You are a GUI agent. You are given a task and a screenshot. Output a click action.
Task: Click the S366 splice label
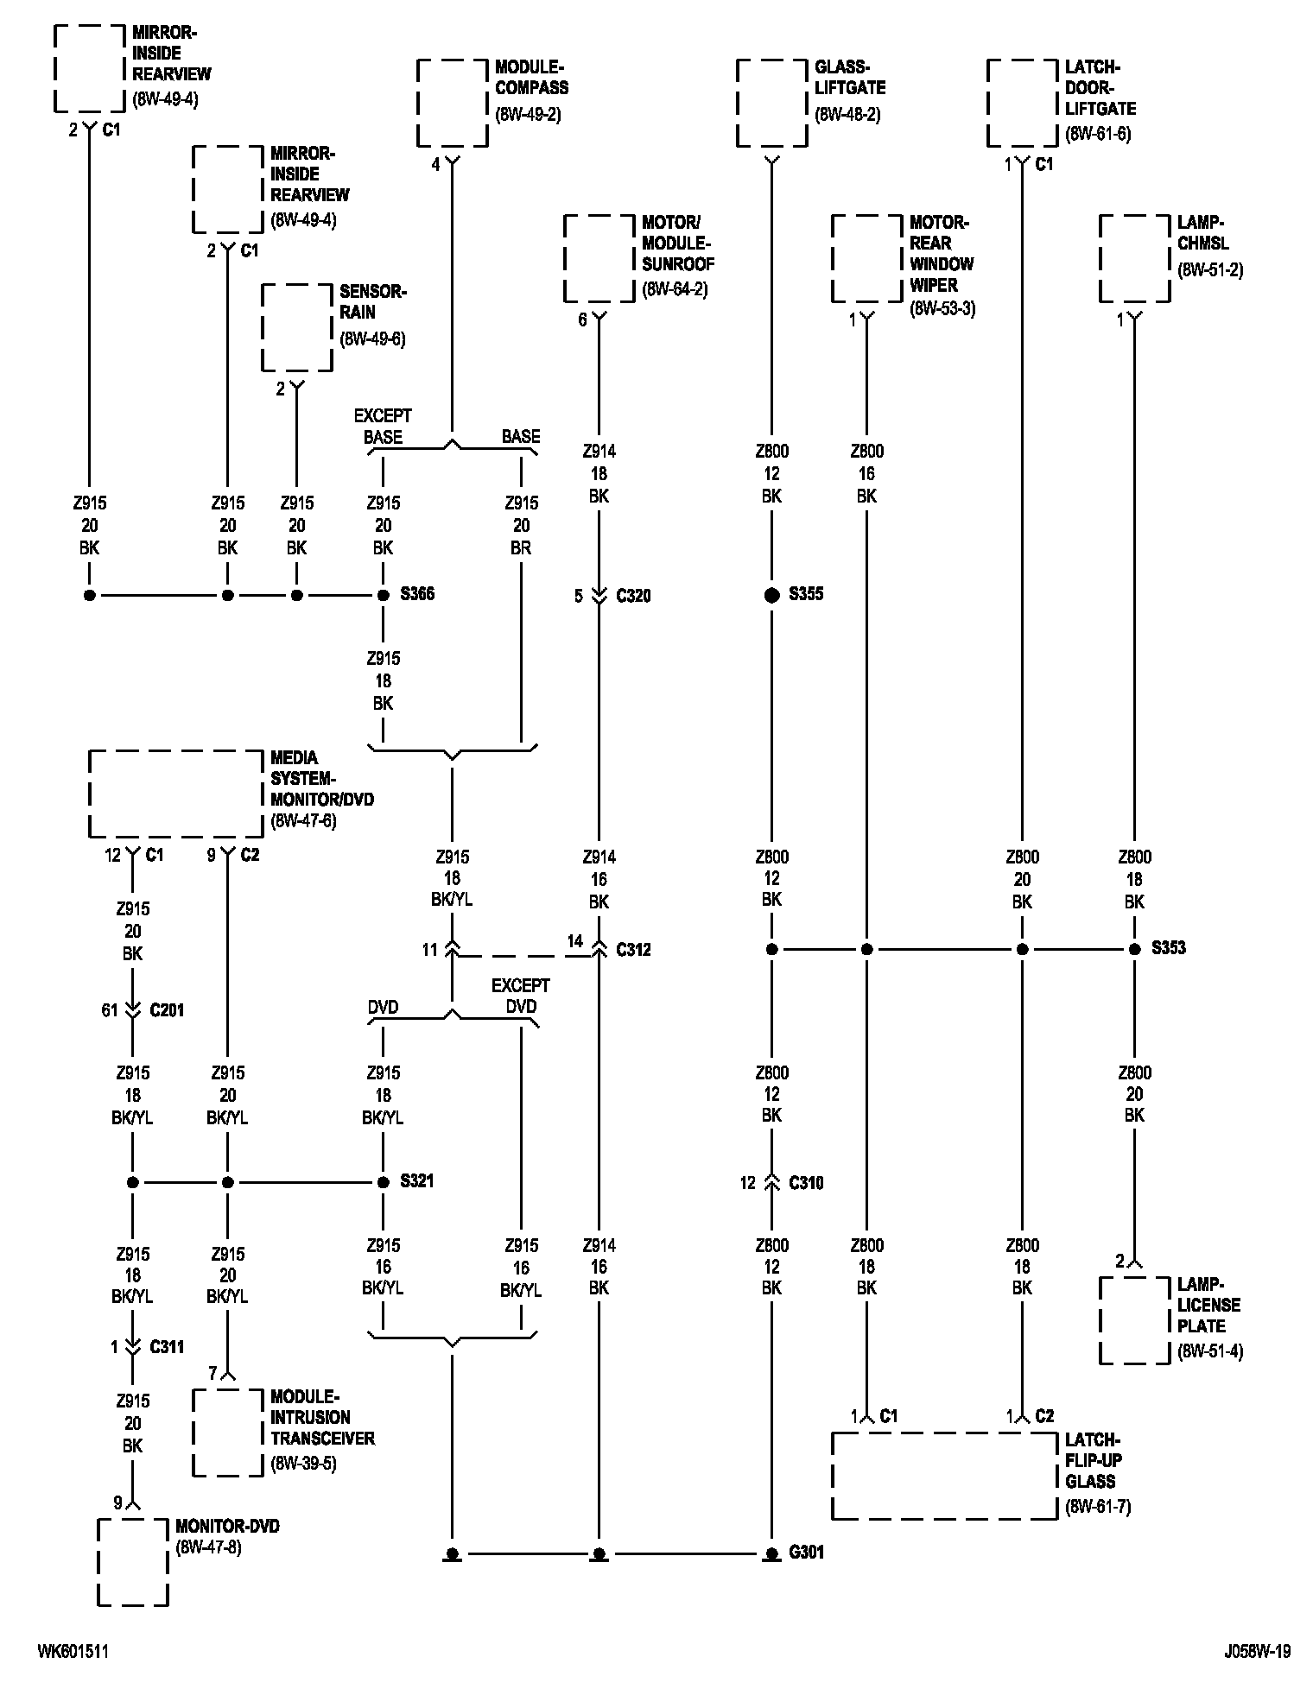pyautogui.click(x=417, y=594)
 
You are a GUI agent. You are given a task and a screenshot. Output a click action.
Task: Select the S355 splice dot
pyautogui.click(x=772, y=595)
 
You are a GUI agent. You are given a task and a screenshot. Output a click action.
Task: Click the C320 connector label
pyautogui.click(x=633, y=596)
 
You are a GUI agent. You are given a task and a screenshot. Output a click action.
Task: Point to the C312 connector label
pyautogui.click(x=633, y=950)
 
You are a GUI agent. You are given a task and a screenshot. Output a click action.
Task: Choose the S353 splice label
pyautogui.click(x=1169, y=948)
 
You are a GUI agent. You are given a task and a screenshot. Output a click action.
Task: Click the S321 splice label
pyautogui.click(x=417, y=1180)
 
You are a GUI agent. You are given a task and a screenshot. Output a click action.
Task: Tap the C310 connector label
pyautogui.click(x=806, y=1183)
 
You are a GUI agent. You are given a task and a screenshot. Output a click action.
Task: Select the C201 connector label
pyautogui.click(x=167, y=1010)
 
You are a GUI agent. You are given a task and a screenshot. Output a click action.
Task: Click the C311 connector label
pyautogui.click(x=167, y=1346)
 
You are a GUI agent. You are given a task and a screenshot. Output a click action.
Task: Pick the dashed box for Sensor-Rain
pyautogui.click(x=297, y=328)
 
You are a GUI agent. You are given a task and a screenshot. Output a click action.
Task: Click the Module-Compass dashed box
pyautogui.click(x=452, y=104)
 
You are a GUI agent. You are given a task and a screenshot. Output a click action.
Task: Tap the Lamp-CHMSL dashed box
pyautogui.click(x=1134, y=259)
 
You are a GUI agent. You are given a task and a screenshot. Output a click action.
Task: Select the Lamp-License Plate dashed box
pyautogui.click(x=1134, y=1320)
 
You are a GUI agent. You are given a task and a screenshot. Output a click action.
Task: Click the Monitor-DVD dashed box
pyautogui.click(x=132, y=1562)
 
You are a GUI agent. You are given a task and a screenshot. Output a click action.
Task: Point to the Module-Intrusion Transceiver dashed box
pyautogui.click(x=227, y=1433)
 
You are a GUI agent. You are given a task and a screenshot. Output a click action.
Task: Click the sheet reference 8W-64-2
pyautogui.click(x=675, y=289)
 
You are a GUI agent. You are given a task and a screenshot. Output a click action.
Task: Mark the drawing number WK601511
pyautogui.click(x=73, y=1651)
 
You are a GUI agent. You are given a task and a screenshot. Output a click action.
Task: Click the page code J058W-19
pyautogui.click(x=1257, y=1651)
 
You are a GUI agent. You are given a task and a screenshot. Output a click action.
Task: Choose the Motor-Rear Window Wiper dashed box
pyautogui.click(x=866, y=259)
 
